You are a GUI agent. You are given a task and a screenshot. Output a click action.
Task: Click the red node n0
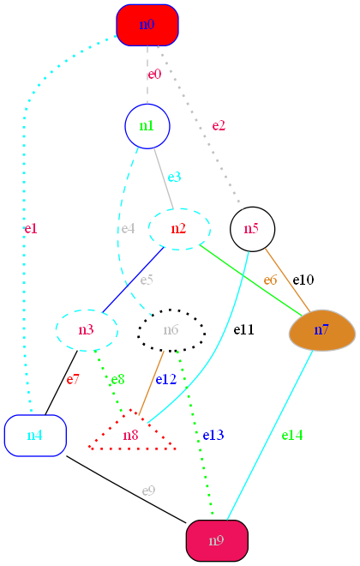[x=147, y=25]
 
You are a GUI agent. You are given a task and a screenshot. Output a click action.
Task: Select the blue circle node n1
[x=147, y=126]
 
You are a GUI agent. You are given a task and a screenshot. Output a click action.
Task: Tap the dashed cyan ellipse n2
[x=179, y=228]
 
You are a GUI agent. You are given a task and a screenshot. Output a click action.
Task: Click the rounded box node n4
[x=35, y=435]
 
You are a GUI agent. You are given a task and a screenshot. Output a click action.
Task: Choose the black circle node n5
[x=252, y=228]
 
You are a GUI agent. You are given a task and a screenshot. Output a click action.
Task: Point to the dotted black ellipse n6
[x=171, y=330]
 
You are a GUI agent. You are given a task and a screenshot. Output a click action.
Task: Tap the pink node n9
[x=217, y=540]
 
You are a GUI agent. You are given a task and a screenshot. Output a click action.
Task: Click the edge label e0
[x=154, y=75]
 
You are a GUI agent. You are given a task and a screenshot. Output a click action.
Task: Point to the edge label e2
[x=219, y=126]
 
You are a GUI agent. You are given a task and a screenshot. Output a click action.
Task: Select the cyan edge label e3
[x=174, y=177]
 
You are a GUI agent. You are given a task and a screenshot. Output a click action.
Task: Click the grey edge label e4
[x=128, y=228]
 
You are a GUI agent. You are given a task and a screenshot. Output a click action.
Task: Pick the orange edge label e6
[x=271, y=280]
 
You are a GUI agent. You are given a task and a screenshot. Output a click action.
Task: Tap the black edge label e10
[x=303, y=280]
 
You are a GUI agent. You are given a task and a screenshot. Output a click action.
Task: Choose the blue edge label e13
[x=213, y=435]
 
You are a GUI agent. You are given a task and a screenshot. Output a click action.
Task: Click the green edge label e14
[x=292, y=435]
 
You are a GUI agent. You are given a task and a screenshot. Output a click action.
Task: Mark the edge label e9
[x=148, y=491]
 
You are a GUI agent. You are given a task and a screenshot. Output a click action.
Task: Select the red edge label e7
[x=73, y=379]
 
